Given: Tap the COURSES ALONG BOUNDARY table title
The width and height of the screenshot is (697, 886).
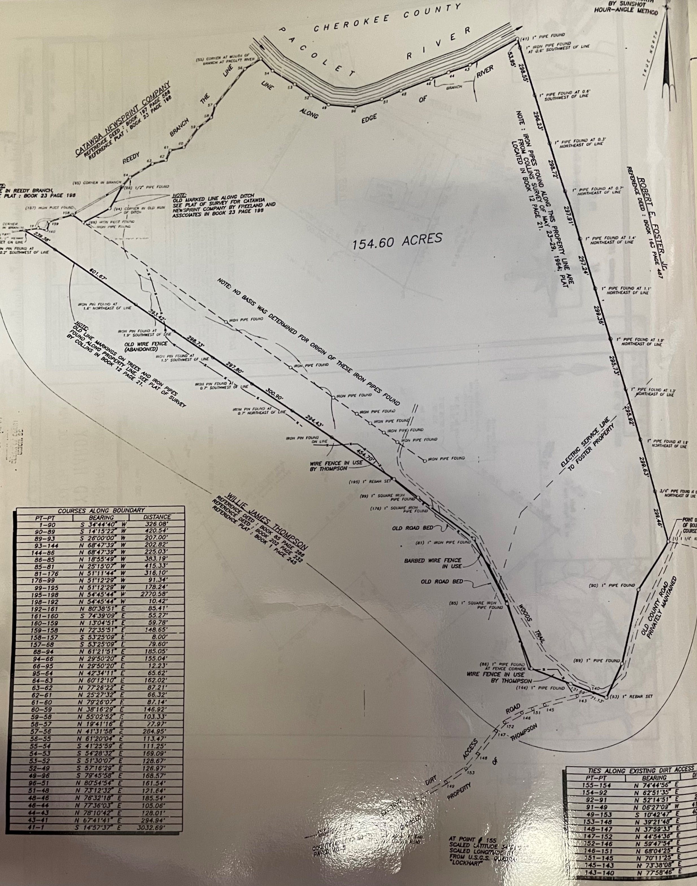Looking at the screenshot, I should point(101,510).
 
